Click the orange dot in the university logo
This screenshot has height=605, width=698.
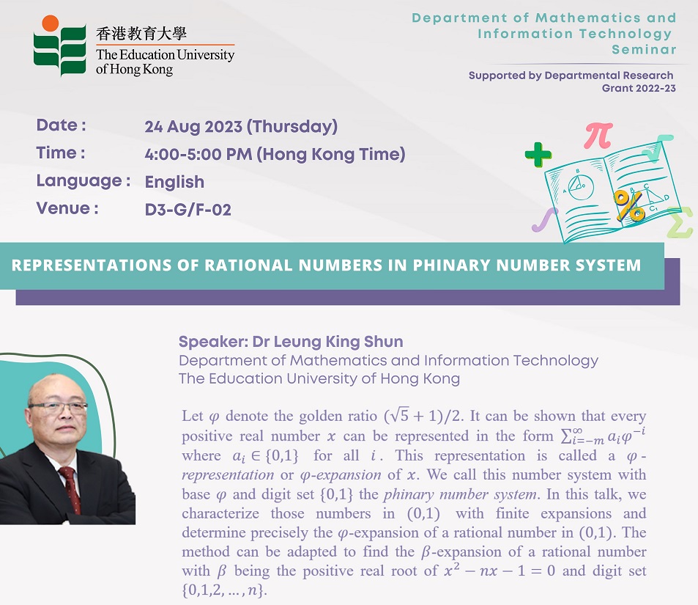tap(51, 23)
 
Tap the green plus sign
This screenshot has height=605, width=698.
tap(538, 155)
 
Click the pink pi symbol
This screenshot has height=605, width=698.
tap(598, 135)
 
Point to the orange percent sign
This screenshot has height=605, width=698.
tap(628, 205)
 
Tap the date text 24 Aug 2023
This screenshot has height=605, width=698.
tap(193, 127)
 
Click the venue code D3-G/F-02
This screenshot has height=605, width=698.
tap(188, 210)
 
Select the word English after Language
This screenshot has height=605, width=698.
tap(174, 183)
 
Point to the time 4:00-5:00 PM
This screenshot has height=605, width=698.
tap(198, 154)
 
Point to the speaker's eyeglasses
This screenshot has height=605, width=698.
tap(58, 406)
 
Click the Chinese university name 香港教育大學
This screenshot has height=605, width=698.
tap(141, 34)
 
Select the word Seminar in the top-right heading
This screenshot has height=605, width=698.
tap(644, 49)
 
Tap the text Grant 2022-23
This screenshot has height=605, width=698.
tap(639, 88)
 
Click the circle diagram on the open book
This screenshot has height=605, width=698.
tap(581, 188)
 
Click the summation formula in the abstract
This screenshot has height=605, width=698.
tap(603, 436)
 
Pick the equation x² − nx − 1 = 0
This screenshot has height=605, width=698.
tap(500, 571)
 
